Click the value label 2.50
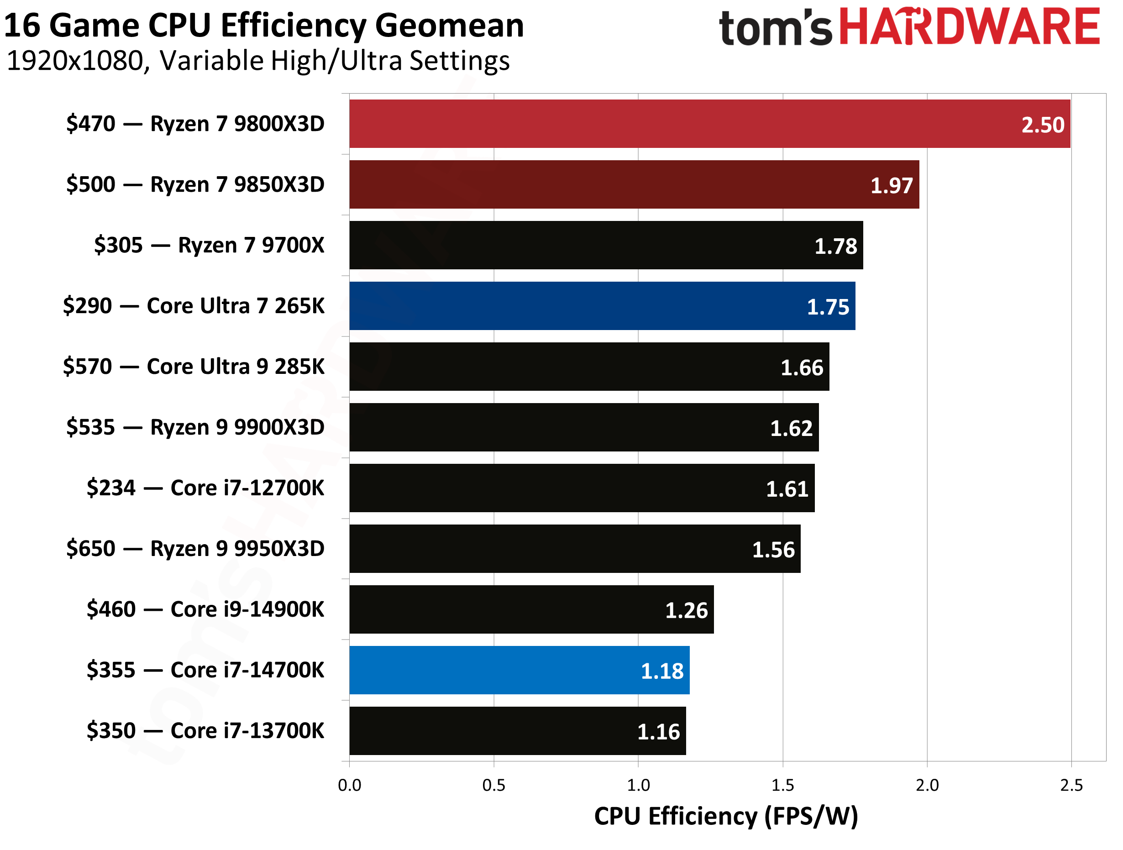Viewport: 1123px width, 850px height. [1042, 125]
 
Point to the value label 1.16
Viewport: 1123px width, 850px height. [658, 732]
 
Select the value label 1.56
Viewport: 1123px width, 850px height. [773, 550]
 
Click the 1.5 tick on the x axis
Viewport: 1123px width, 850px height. [782, 786]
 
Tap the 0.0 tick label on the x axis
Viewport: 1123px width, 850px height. [349, 786]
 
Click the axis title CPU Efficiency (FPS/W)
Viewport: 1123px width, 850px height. [726, 817]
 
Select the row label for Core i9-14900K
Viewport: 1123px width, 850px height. [205, 609]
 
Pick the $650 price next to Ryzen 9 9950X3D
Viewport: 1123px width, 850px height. [91, 549]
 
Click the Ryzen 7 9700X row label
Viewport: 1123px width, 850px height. [209, 245]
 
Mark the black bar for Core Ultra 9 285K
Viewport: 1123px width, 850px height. [589, 367]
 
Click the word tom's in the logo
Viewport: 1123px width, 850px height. [775, 28]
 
